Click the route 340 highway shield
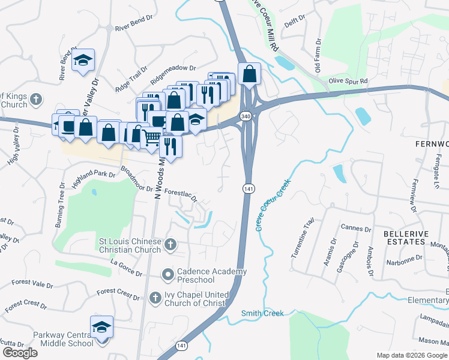pyautogui.click(x=246, y=116)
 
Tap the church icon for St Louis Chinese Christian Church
pyautogui.click(x=170, y=245)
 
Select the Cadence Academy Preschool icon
pyautogui.click(x=167, y=275)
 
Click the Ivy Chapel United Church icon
pyautogui.click(x=155, y=298)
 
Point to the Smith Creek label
pyautogui.click(x=262, y=313)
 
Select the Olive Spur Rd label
pyautogui.click(x=348, y=80)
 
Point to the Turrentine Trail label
pyautogui.click(x=302, y=238)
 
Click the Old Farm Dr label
pyautogui.click(x=319, y=51)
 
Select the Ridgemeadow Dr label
pyautogui.click(x=174, y=73)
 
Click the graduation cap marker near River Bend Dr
pyautogui.click(x=83, y=61)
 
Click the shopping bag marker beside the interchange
pyautogui.click(x=249, y=74)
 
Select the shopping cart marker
pyautogui.click(x=152, y=137)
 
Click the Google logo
pyautogui.click(x=20, y=353)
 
